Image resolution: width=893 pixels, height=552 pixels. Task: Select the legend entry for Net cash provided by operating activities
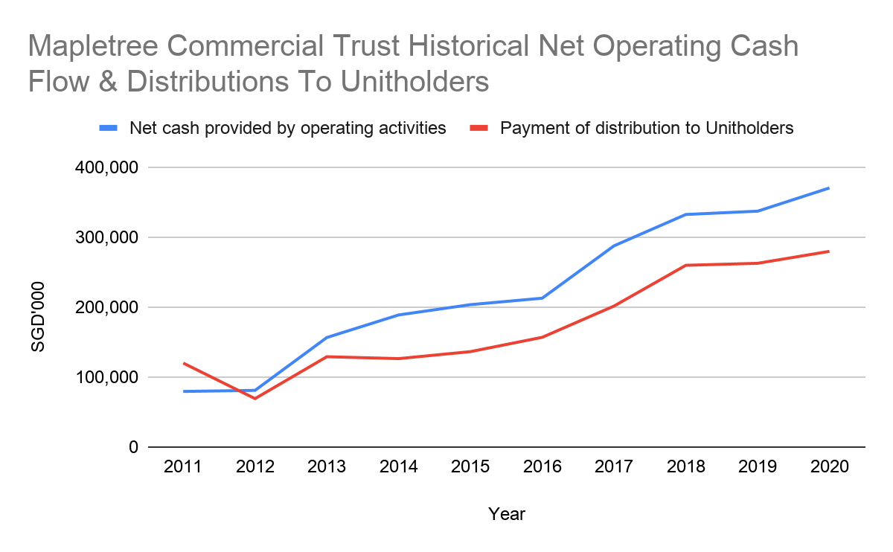point(287,128)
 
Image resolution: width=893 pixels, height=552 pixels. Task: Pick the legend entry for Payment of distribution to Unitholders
point(647,128)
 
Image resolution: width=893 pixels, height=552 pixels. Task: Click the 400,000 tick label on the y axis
point(106,168)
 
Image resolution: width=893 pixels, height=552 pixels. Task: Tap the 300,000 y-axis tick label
point(106,238)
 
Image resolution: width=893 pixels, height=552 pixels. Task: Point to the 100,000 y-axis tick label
point(106,378)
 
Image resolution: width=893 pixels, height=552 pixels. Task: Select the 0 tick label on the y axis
point(133,447)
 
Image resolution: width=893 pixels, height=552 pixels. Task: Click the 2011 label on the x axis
point(183,467)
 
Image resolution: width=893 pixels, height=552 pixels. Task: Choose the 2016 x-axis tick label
point(542,467)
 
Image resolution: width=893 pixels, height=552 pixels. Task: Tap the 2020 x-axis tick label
point(830,467)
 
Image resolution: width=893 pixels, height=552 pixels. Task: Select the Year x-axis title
point(506,514)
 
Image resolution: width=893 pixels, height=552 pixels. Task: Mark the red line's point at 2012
point(255,399)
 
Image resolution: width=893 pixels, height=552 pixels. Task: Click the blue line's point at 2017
point(615,245)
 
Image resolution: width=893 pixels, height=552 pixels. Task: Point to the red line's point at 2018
point(686,266)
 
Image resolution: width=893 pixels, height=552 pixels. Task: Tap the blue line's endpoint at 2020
point(829,188)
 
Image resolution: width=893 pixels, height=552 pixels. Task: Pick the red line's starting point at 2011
point(183,363)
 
